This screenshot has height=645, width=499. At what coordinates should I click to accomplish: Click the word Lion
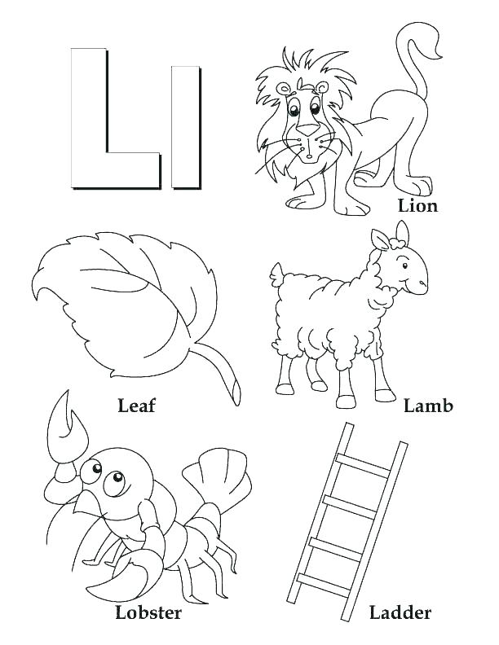click(x=417, y=206)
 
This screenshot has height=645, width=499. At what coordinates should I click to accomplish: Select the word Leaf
click(x=136, y=405)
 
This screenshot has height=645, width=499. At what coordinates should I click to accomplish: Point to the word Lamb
click(x=428, y=405)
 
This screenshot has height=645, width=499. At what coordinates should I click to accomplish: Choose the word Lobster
click(x=148, y=612)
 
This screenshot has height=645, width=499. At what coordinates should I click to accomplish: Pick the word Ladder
click(x=400, y=612)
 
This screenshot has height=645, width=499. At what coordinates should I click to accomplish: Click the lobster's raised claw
click(x=67, y=428)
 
